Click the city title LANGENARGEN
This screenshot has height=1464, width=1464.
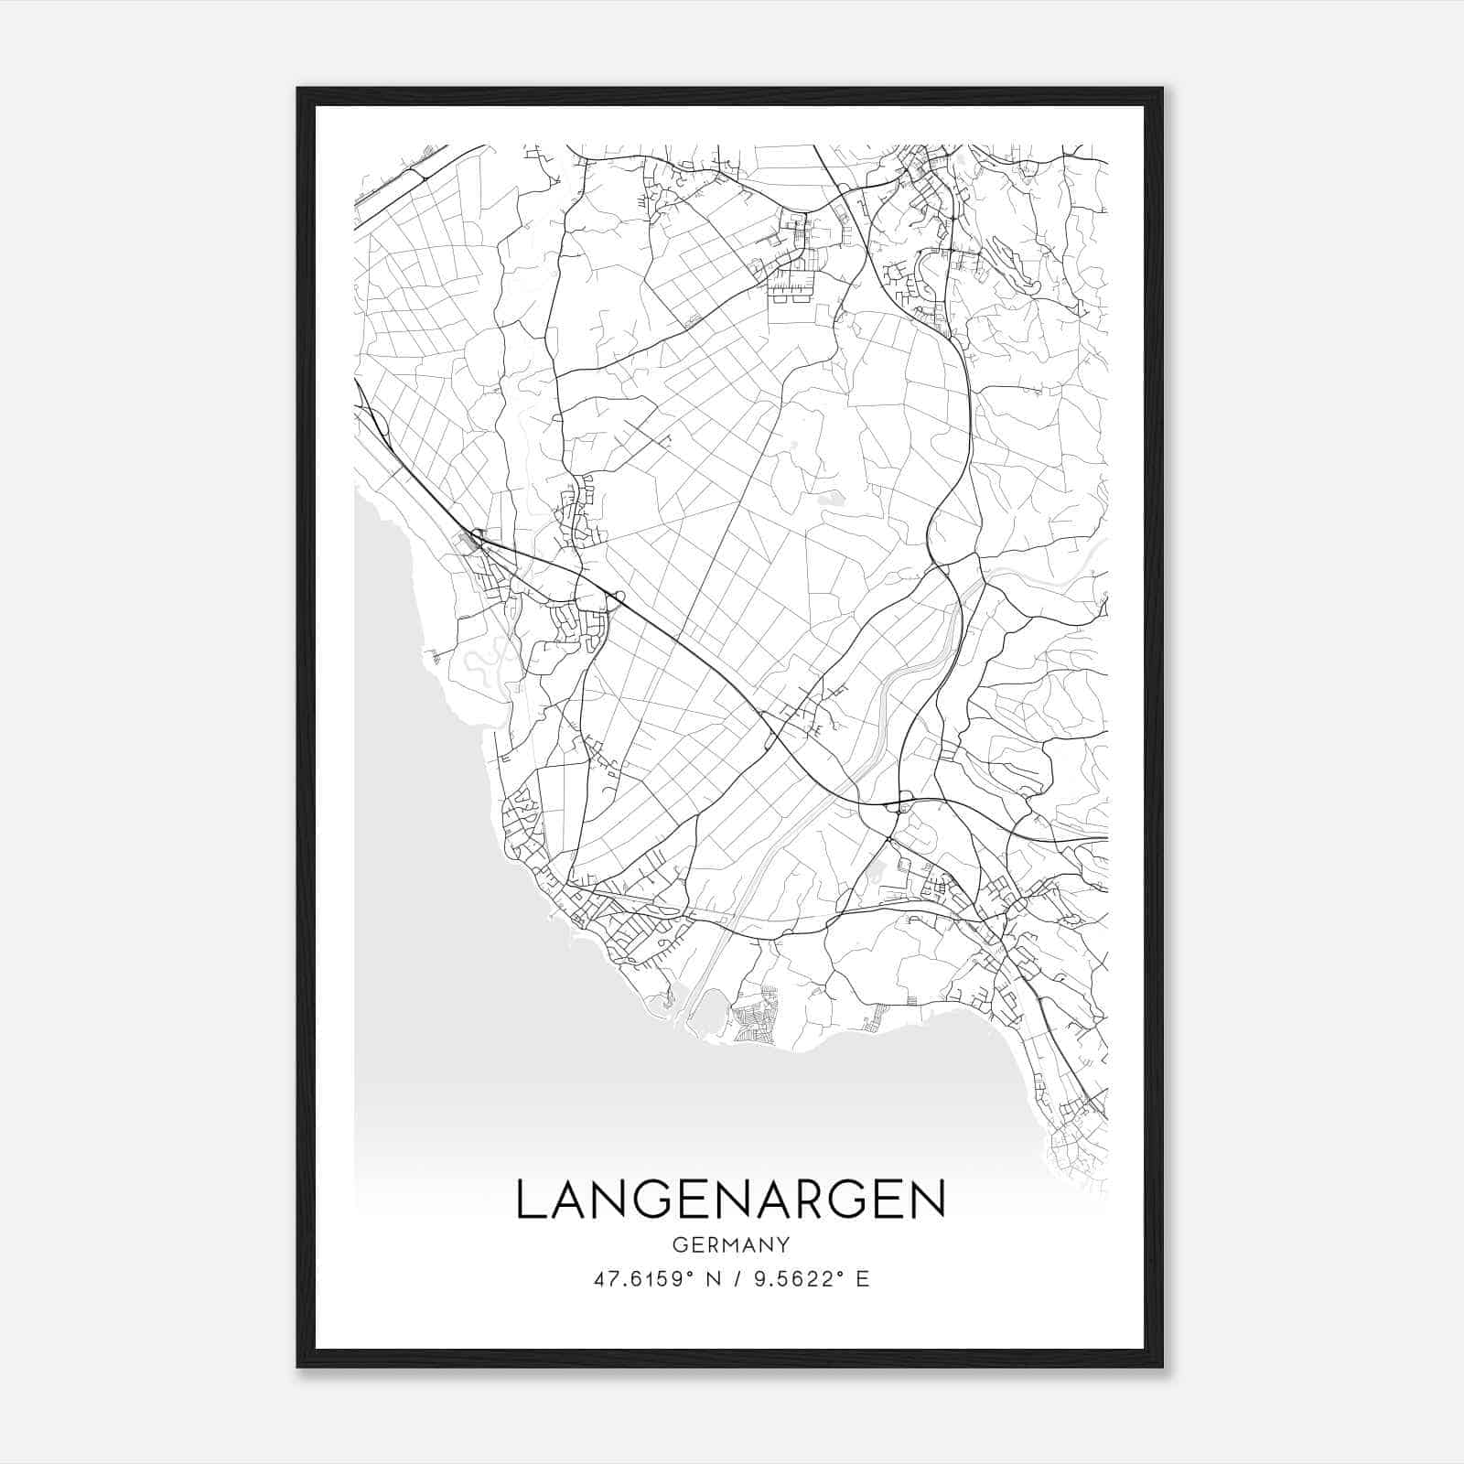click(x=730, y=1200)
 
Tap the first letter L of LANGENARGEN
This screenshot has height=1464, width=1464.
click(x=531, y=1200)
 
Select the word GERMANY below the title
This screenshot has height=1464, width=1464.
click(x=730, y=1244)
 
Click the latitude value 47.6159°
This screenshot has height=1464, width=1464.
click(x=641, y=1278)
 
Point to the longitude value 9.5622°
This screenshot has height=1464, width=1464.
click(x=794, y=1278)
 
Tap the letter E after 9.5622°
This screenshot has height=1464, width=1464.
click(x=862, y=1278)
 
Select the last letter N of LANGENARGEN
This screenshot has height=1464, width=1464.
click(x=930, y=1200)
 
